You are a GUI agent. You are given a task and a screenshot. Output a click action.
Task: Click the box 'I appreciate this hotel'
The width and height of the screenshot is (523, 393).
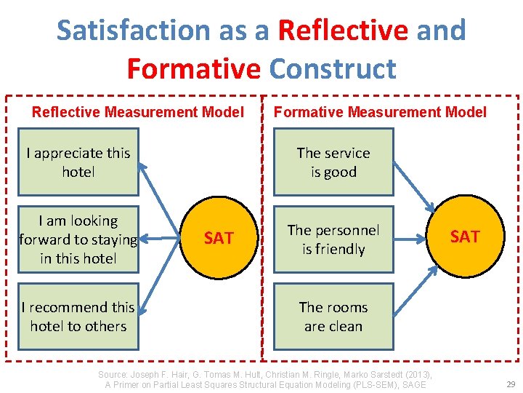click(78, 162)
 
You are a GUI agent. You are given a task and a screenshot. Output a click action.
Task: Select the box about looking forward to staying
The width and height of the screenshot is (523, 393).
click(78, 239)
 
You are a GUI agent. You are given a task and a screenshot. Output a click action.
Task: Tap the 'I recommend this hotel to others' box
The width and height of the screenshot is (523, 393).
click(78, 317)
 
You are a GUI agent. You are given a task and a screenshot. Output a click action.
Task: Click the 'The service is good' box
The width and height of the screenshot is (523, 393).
click(333, 162)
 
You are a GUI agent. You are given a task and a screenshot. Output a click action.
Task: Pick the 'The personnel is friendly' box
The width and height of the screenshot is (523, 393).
click(333, 239)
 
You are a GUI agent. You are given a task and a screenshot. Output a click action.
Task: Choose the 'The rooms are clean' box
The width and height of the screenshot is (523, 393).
click(333, 317)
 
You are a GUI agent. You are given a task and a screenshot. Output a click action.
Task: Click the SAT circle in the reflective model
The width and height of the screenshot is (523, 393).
click(218, 238)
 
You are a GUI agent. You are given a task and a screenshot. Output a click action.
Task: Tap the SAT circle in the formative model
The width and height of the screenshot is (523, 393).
click(464, 237)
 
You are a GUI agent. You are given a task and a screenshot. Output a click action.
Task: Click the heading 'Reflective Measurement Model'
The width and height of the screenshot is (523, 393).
click(138, 112)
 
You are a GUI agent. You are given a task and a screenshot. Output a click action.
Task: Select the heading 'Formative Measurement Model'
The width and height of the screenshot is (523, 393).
click(380, 112)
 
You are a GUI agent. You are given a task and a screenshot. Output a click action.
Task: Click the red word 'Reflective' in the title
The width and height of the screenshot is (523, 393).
click(343, 31)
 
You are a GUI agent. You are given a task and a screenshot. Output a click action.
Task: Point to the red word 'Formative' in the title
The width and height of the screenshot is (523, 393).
click(193, 69)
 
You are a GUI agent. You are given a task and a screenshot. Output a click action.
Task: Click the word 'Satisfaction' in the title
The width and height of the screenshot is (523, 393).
click(132, 31)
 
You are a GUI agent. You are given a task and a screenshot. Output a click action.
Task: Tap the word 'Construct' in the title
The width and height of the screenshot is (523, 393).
click(333, 69)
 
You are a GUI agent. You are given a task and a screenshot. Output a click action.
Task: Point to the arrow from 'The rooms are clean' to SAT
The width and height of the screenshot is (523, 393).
click(414, 292)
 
